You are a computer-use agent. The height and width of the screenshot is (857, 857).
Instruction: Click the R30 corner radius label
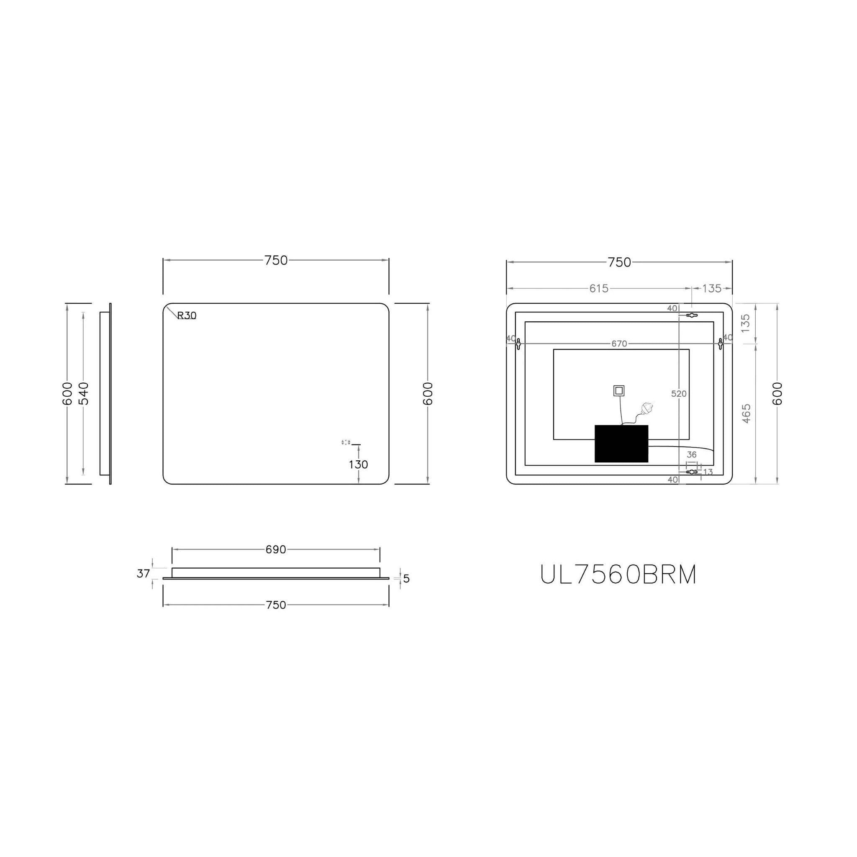pos(187,316)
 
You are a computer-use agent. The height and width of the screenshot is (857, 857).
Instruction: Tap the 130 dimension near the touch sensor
pos(358,464)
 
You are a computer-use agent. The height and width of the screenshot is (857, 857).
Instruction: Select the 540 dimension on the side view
pos(83,393)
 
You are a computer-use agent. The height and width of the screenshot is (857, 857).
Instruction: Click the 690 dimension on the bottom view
pos(275,549)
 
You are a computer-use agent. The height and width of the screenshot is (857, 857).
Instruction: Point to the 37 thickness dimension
pos(143,574)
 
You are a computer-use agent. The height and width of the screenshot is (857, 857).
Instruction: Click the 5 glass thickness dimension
pos(407,579)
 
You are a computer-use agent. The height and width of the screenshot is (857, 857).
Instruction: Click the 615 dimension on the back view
pos(598,288)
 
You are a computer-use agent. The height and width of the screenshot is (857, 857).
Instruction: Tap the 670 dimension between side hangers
pos(619,343)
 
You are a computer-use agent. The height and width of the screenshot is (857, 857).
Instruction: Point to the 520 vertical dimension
pos(679,393)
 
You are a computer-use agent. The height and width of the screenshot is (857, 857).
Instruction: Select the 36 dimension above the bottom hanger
pos(692,455)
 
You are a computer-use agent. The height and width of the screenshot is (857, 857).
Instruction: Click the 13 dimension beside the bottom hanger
pos(708,472)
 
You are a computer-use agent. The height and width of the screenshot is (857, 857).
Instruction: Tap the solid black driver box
pos(621,444)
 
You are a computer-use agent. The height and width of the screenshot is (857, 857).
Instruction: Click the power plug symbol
pos(648,407)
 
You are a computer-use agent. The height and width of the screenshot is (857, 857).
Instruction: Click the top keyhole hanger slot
pos(692,316)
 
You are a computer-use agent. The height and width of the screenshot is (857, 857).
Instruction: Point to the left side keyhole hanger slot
pos(518,343)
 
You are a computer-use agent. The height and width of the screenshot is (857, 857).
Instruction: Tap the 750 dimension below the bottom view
pos(275,605)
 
